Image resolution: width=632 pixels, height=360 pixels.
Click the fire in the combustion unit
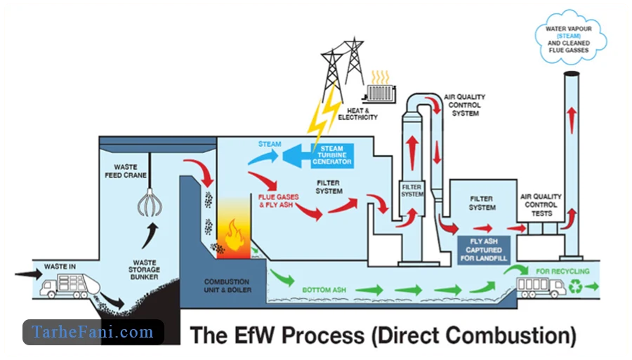pyautogui.click(x=232, y=235)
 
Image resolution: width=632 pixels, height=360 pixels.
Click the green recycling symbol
pyautogui.click(x=575, y=286)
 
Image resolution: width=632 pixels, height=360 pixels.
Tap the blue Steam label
pyautogui.click(x=269, y=145)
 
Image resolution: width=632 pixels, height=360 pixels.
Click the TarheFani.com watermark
pyautogui.click(x=93, y=332)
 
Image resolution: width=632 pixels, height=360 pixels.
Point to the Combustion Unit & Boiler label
pyautogui.click(x=227, y=285)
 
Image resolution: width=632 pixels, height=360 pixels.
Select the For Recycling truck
pyautogui.click(x=541, y=286)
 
